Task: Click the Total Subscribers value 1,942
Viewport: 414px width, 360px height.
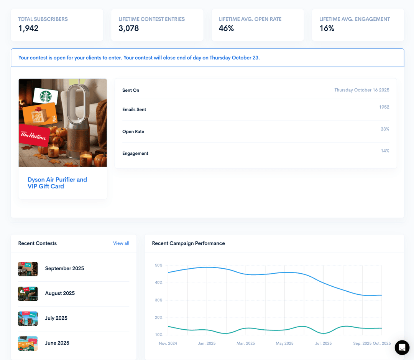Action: click(28, 28)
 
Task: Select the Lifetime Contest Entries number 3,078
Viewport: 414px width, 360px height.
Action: click(129, 28)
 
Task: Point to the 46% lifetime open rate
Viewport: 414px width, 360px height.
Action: click(226, 28)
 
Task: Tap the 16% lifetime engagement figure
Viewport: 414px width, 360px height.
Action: click(327, 28)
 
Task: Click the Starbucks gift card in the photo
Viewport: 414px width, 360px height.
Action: click(46, 96)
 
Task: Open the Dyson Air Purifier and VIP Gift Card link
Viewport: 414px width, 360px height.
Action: click(57, 183)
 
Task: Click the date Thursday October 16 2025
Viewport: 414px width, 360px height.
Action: click(361, 90)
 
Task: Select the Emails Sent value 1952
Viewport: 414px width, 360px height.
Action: click(384, 107)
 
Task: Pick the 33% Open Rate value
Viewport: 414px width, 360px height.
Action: click(385, 129)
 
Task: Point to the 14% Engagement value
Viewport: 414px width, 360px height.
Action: click(385, 151)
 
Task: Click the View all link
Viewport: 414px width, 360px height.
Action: click(121, 243)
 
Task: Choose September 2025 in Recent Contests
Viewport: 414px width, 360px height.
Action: click(64, 268)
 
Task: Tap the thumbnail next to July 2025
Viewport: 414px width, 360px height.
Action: click(28, 319)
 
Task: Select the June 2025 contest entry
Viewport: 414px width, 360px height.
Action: click(57, 343)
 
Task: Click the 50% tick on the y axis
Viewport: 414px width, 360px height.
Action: click(158, 265)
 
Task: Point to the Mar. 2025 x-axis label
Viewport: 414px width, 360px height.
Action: click(246, 343)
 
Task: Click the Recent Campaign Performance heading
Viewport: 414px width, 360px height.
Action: click(188, 243)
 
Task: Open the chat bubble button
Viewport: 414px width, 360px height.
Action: click(402, 348)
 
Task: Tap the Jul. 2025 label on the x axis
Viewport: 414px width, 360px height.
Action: click(323, 343)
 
